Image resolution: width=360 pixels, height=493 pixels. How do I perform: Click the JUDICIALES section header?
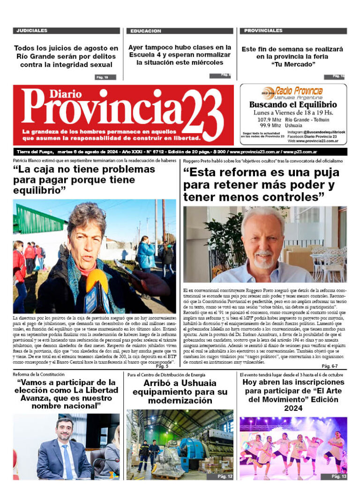coord(32,30)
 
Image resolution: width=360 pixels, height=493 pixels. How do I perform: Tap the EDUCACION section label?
coord(146,31)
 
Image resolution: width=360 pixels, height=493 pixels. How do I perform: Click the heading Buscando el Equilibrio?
coord(293,105)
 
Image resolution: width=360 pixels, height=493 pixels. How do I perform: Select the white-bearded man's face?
coord(262,239)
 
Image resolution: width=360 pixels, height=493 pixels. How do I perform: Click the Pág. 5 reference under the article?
coord(162,366)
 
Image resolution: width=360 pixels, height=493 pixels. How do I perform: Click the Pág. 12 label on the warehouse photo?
coord(225,476)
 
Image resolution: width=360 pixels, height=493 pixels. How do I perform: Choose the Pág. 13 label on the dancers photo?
coord(338,476)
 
